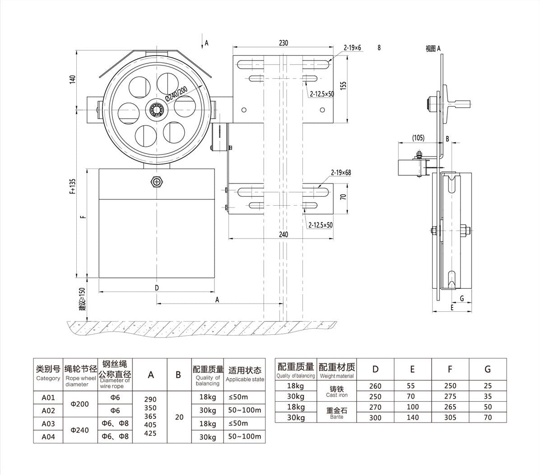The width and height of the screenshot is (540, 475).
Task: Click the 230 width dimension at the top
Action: [283, 43]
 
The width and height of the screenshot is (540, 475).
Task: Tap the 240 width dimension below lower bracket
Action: [283, 235]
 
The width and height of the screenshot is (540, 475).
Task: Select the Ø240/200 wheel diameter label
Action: [176, 93]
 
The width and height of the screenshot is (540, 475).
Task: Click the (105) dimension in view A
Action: [418, 138]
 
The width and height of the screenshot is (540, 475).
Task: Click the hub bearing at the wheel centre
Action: [156, 109]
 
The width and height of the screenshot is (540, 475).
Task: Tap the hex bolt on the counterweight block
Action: [156, 181]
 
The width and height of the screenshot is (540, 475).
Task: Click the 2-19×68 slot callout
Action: [341, 173]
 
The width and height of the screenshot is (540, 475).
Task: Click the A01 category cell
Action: [48, 398]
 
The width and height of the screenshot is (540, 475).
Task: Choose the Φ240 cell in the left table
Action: [80, 430]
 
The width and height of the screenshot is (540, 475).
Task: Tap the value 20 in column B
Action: [179, 417]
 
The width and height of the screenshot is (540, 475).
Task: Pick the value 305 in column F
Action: [450, 418]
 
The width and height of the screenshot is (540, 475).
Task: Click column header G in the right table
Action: [487, 369]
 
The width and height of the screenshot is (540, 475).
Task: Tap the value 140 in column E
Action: [412, 418]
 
